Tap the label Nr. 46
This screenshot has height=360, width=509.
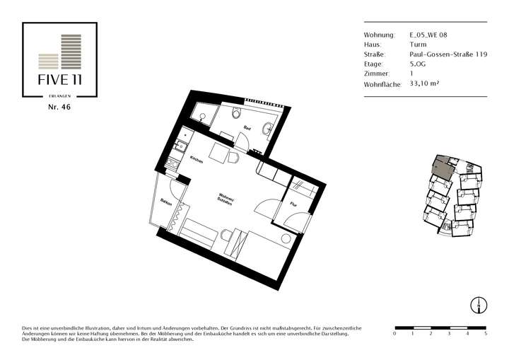tap(59, 108)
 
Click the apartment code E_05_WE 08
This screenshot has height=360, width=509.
tap(428, 34)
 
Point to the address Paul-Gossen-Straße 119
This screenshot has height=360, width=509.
tap(448, 54)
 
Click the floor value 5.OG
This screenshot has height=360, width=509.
tap(418, 64)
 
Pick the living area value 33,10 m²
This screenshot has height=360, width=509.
tap(425, 83)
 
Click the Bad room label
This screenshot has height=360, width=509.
tap(247, 128)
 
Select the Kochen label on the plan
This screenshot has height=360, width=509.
tap(197, 161)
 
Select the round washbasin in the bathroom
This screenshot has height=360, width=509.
tap(268, 128)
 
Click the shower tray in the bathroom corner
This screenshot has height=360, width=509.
tap(202, 115)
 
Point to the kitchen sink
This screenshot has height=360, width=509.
tap(179, 146)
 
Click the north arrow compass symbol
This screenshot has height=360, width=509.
tap(479, 305)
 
